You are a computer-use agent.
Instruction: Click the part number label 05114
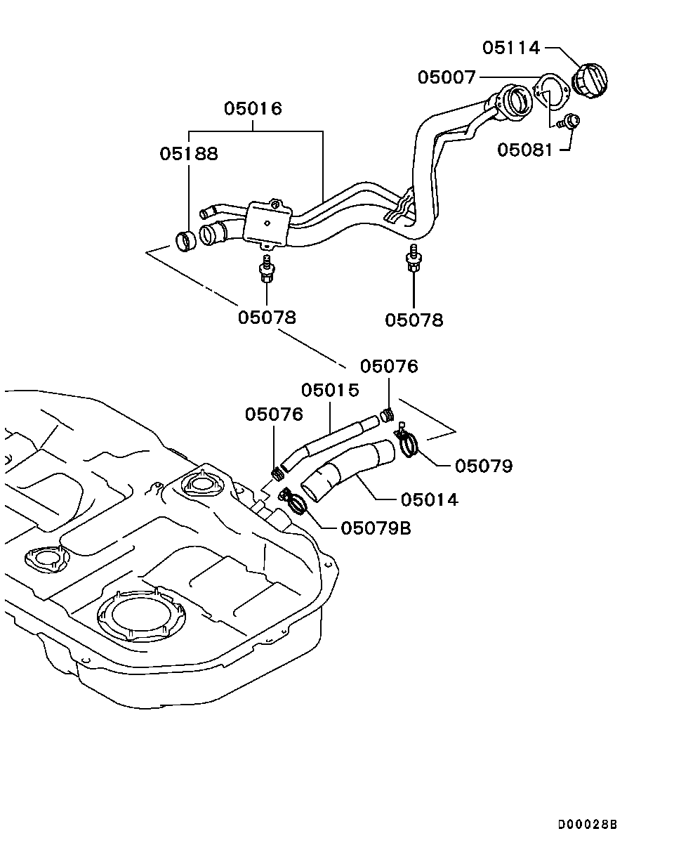[x=510, y=48]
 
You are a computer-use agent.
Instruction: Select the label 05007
[x=447, y=77]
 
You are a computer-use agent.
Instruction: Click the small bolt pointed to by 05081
[x=570, y=123]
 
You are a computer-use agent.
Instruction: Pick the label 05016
[x=253, y=109]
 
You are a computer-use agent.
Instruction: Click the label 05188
[x=189, y=153]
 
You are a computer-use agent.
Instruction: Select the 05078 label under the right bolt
[x=414, y=320]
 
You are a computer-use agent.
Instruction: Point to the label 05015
[x=331, y=389]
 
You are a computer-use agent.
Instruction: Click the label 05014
[x=430, y=499]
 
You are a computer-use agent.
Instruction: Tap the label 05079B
[x=376, y=527]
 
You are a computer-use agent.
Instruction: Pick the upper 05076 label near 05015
[x=389, y=366]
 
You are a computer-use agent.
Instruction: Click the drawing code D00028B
[x=588, y=824]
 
